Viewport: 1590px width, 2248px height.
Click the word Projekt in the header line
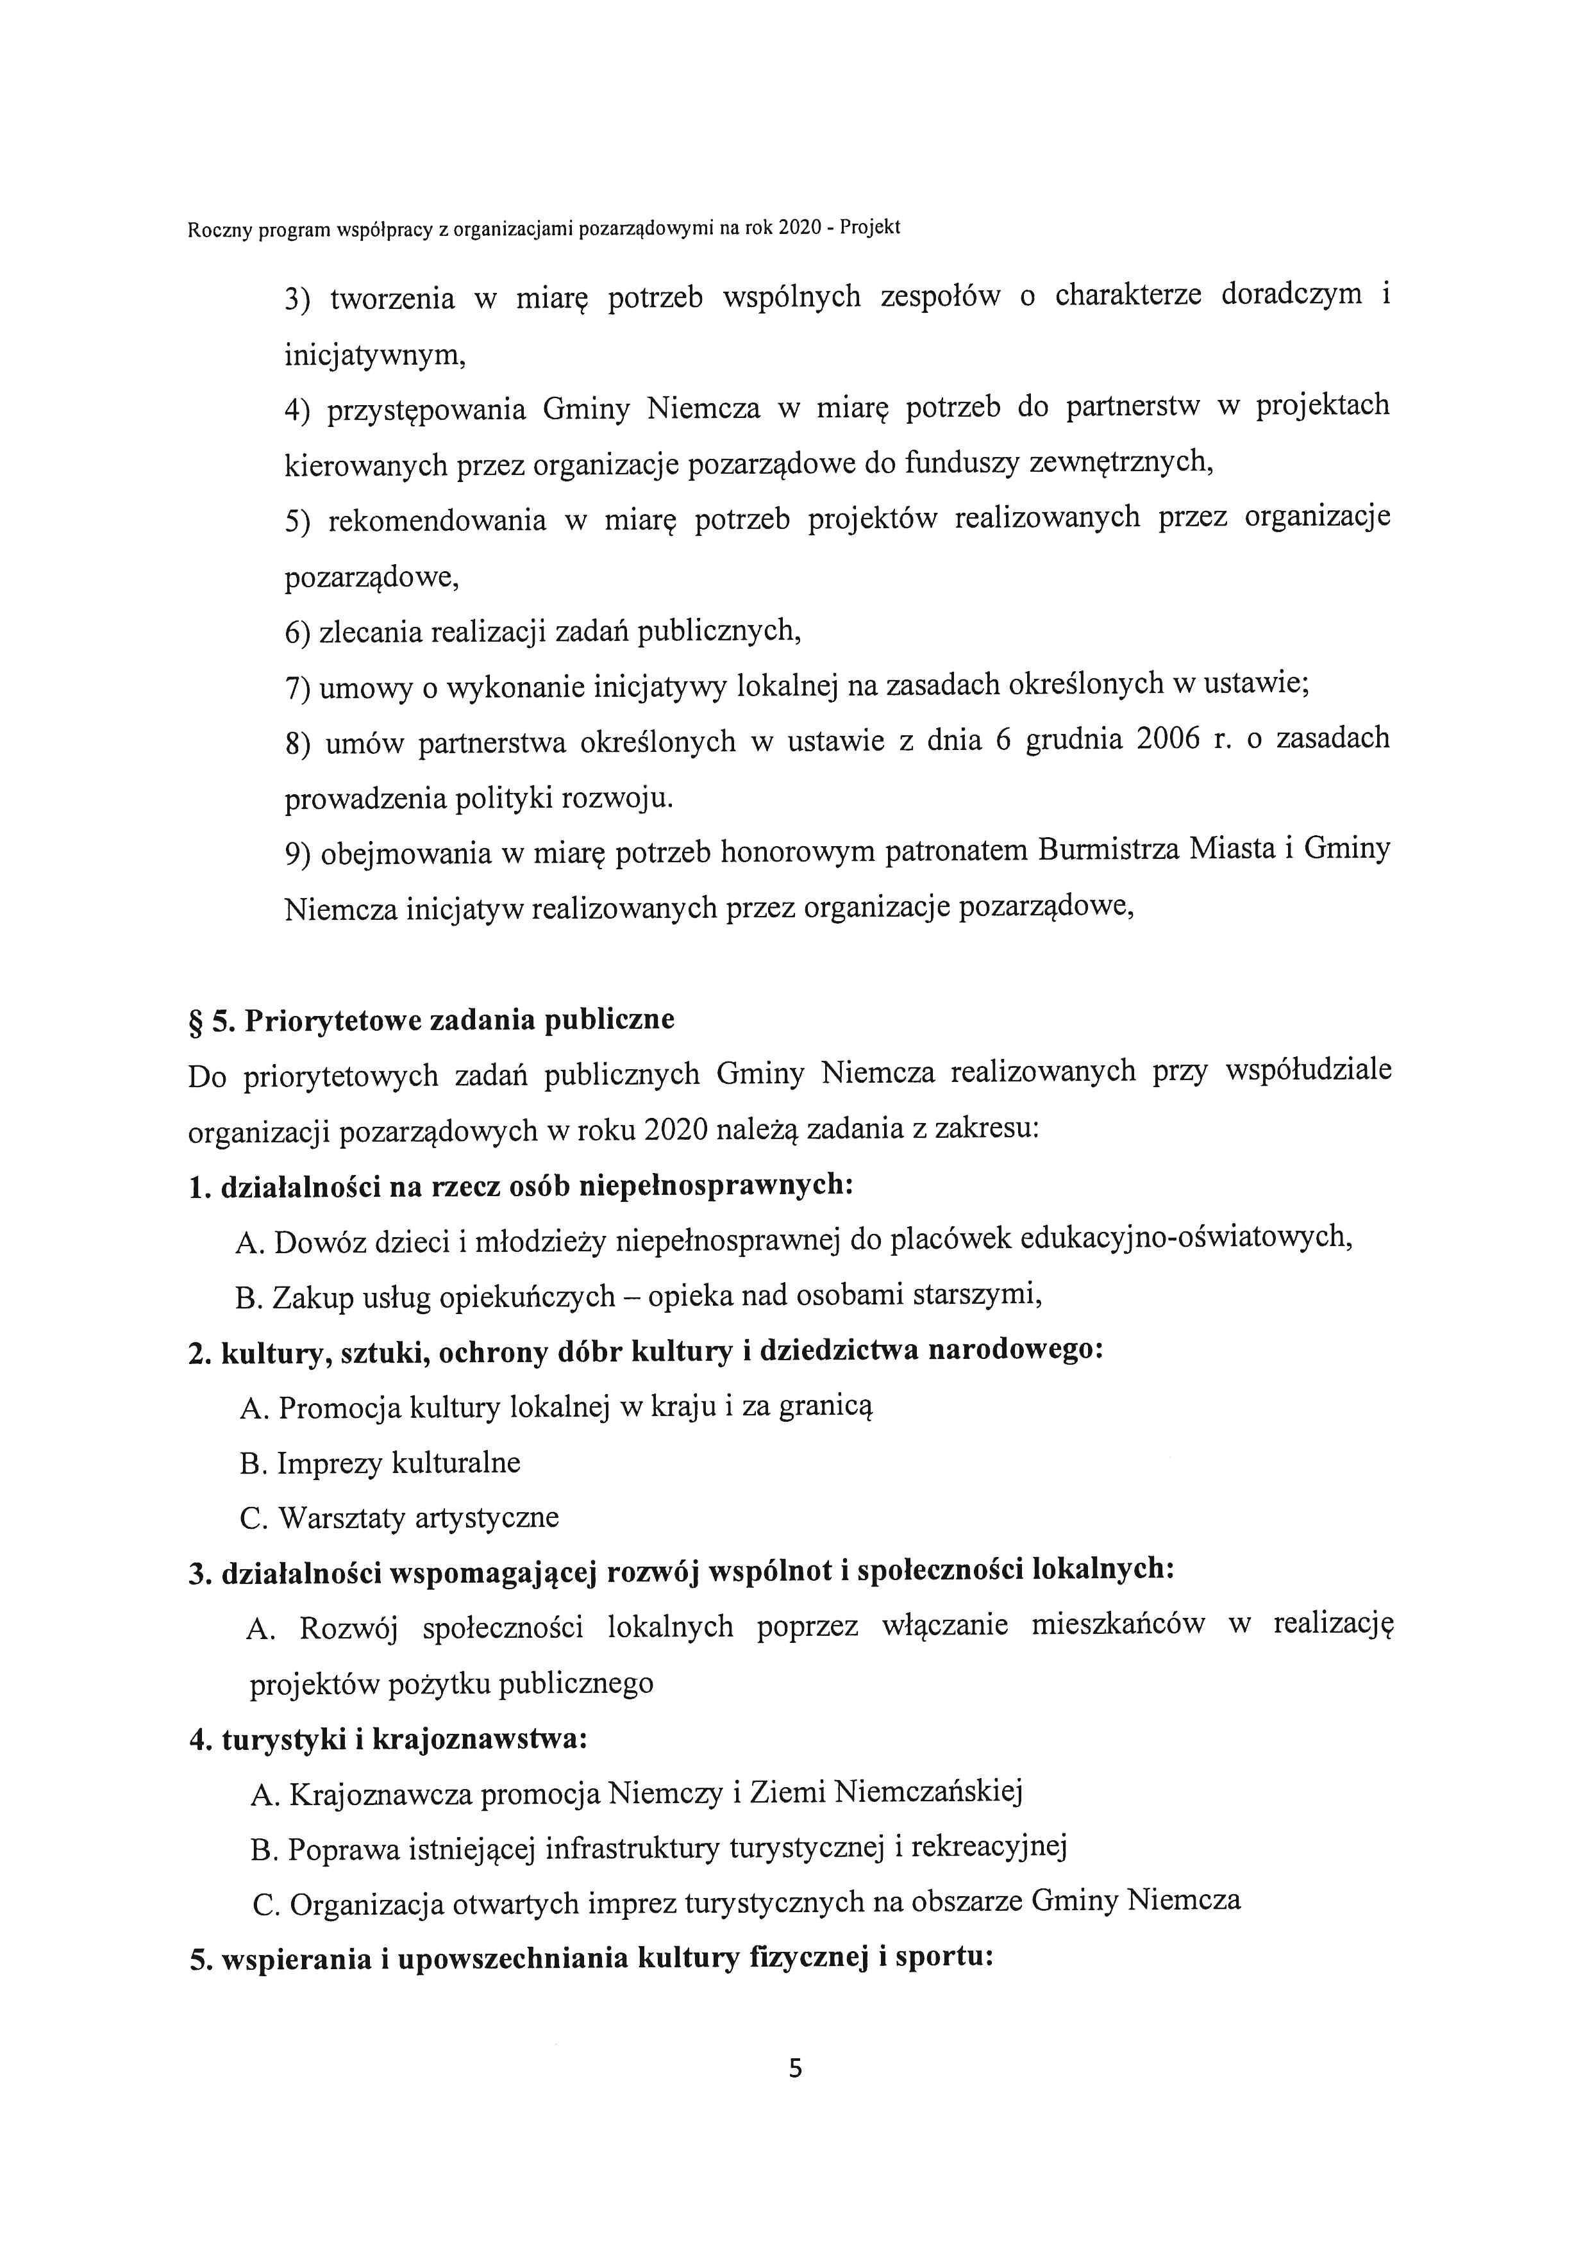pyautogui.click(x=869, y=228)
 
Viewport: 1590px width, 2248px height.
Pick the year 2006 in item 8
pyautogui.click(x=1168, y=738)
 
